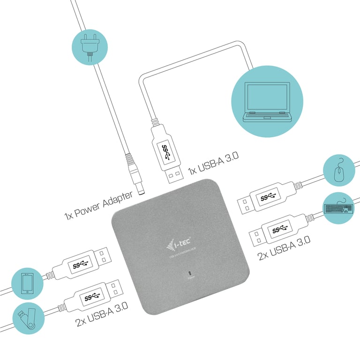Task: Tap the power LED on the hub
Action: [x=190, y=272]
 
